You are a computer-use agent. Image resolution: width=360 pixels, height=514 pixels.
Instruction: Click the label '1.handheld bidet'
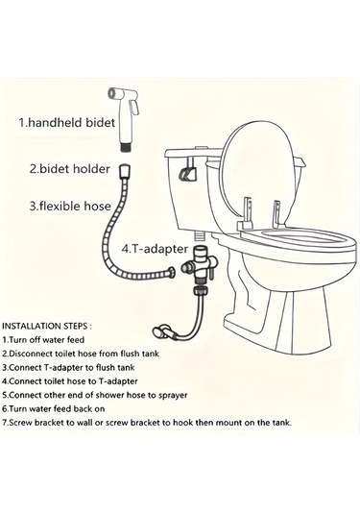coord(66,123)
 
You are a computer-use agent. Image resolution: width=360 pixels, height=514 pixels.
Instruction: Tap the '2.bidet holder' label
coord(70,169)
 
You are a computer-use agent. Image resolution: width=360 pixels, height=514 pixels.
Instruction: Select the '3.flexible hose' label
coord(70,206)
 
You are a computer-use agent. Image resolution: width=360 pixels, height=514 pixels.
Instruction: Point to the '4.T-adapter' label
coord(155,249)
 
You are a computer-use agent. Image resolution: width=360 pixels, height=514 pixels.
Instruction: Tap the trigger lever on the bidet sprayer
coord(135,107)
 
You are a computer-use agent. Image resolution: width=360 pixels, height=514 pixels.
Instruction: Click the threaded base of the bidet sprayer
coord(125,146)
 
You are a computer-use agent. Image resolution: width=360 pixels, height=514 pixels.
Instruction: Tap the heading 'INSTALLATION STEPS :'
coord(47,326)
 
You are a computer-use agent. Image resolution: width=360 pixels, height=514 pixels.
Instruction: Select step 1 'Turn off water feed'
coord(43,339)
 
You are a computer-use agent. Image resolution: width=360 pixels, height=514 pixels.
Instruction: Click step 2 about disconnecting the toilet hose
coord(81,354)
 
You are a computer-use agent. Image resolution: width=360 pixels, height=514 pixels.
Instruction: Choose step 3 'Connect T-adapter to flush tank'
coord(68,367)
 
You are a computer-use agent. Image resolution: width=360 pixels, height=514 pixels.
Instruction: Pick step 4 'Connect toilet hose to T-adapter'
coord(70,381)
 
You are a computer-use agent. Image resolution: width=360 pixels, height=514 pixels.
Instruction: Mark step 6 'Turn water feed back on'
coord(54,408)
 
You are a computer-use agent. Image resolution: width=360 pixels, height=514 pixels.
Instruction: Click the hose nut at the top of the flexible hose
coord(125,171)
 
